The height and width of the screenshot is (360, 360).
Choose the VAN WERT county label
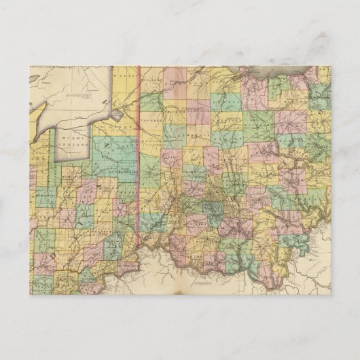(x=154, y=118)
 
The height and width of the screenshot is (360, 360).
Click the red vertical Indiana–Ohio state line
(x=139, y=170)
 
